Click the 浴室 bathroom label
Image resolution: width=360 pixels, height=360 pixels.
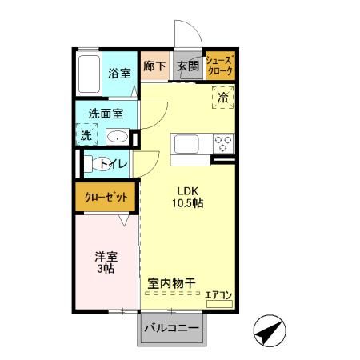(x=121, y=73)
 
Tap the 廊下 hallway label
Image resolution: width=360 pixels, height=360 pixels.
(x=154, y=67)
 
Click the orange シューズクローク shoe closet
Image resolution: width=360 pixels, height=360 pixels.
(x=220, y=66)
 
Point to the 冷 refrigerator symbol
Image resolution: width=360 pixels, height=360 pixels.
(x=223, y=96)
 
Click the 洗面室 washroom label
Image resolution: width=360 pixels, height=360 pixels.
(x=105, y=114)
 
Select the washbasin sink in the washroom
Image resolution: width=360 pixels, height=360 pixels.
(x=117, y=137)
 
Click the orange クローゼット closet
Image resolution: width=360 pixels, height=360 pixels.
(x=105, y=196)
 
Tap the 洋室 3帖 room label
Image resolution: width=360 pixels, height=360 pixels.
(x=106, y=262)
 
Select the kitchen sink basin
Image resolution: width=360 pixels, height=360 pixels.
(x=187, y=145)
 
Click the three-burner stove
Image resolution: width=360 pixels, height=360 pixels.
(x=222, y=145)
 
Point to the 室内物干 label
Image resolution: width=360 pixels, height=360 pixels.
(x=172, y=283)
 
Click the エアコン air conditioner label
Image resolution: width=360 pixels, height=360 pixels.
(x=218, y=296)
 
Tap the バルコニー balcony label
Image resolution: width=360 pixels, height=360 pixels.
(x=170, y=328)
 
